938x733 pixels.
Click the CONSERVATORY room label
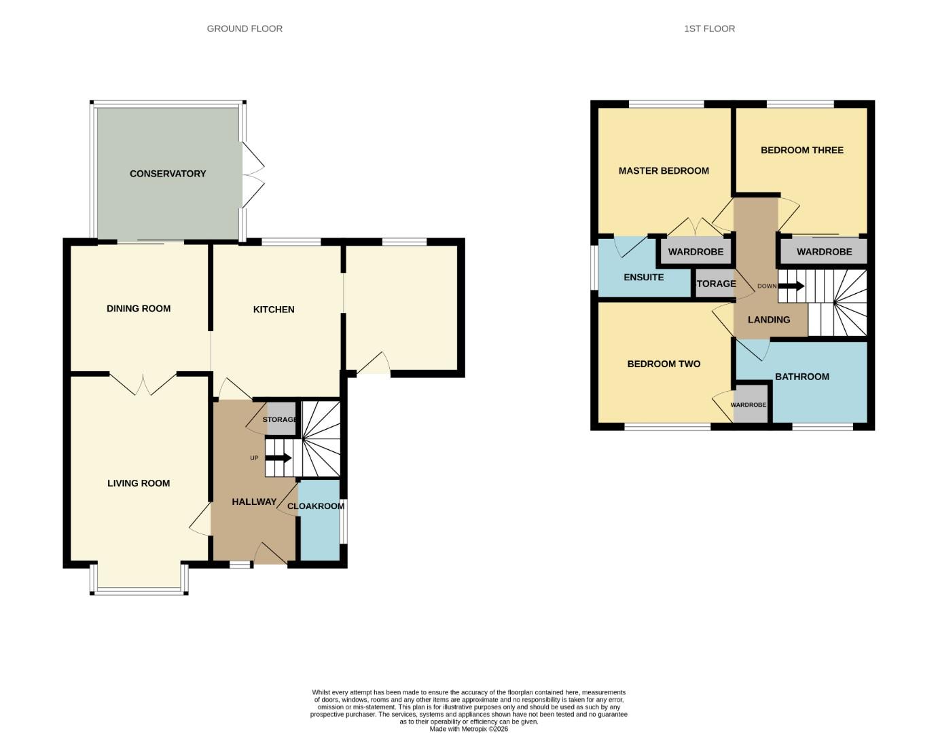point(168,174)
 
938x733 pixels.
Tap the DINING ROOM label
point(139,308)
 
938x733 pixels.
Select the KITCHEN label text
point(274,309)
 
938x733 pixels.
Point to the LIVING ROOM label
point(139,483)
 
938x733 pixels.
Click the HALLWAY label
point(254,502)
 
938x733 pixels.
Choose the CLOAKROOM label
point(316,506)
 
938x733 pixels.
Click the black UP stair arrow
point(278,458)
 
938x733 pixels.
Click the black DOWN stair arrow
point(791,286)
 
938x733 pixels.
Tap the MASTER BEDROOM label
point(664,171)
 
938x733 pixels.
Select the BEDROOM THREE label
point(802,150)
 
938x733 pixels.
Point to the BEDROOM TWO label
point(664,364)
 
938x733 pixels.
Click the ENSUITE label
point(644,277)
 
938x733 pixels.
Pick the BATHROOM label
point(802,377)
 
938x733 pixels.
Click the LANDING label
point(769,320)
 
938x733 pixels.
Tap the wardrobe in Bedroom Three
point(824,252)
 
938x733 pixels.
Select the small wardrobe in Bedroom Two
point(748,405)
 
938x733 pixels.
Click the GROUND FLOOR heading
point(245,29)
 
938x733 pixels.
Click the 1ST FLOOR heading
point(709,29)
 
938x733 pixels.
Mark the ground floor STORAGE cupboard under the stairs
point(281,419)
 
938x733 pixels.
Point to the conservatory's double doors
point(252,174)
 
